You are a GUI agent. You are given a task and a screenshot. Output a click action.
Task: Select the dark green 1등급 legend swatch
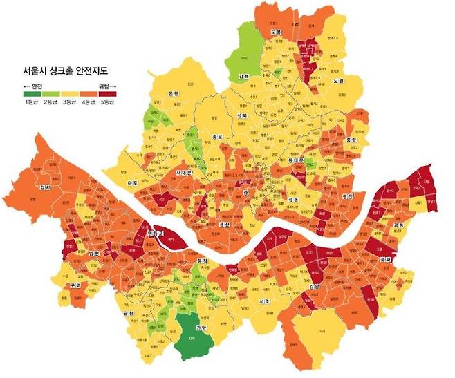(x=30, y=94)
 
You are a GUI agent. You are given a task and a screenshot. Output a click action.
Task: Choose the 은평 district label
(x=174, y=93)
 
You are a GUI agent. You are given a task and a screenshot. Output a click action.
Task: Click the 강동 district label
(x=398, y=225)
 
